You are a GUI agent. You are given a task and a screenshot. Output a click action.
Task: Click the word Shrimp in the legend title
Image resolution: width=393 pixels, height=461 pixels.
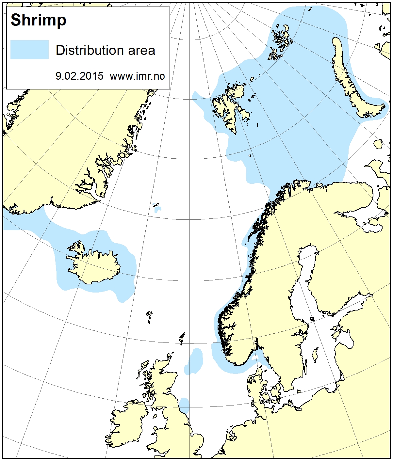point(39,20)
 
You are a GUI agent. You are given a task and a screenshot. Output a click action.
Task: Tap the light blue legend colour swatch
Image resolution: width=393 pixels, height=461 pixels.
point(29,50)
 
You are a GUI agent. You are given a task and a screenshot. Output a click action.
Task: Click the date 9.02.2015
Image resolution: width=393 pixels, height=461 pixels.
point(79,76)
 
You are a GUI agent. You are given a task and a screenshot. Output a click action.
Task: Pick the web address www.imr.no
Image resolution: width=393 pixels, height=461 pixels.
point(137,76)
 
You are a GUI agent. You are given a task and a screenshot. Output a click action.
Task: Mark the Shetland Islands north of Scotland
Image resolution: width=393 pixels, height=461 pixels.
point(182,338)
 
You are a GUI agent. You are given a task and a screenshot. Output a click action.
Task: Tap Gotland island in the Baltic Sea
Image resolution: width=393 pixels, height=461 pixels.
point(315,355)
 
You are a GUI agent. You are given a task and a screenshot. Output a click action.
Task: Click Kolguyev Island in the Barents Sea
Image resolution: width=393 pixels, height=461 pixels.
point(378,144)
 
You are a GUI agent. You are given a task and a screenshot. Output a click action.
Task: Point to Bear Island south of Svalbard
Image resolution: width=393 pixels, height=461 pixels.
point(250,156)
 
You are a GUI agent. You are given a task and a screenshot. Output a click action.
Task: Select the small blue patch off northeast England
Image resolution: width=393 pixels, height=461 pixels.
point(185,405)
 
